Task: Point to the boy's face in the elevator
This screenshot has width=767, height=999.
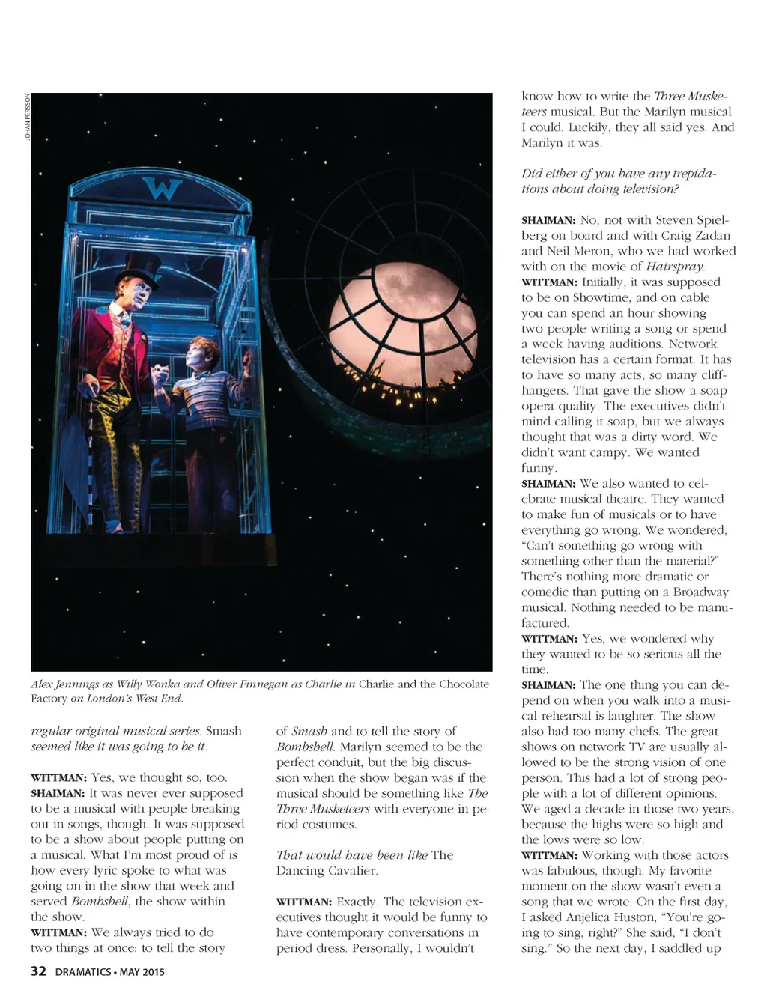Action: point(199,356)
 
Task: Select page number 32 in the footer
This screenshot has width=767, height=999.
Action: point(38,971)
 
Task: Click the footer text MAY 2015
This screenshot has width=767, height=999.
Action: point(142,972)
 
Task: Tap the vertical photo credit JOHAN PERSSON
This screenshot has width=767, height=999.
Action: point(28,120)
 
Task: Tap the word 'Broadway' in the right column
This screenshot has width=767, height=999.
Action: point(700,592)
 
